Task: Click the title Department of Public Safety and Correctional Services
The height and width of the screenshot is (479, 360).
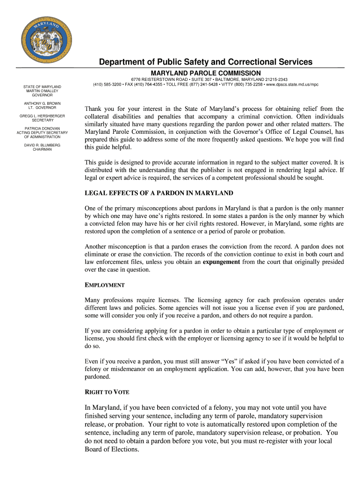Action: (x=205, y=62)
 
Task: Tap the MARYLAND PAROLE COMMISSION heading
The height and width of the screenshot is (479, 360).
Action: (x=206, y=73)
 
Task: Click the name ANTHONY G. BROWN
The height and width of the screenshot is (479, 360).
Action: (x=42, y=103)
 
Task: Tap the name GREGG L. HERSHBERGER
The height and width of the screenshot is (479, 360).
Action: (x=42, y=116)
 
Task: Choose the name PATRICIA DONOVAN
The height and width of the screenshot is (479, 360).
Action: (x=42, y=128)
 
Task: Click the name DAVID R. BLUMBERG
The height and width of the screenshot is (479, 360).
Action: (x=42, y=145)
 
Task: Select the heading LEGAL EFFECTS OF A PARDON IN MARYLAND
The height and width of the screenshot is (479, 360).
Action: (x=159, y=193)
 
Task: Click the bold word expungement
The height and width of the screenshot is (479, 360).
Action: (x=221, y=262)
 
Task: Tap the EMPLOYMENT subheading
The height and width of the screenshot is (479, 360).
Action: (x=104, y=285)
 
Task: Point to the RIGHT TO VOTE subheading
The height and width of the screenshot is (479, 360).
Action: (x=107, y=392)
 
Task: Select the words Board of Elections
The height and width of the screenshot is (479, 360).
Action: (x=112, y=450)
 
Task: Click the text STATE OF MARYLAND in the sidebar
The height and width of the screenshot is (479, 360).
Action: (x=42, y=87)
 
